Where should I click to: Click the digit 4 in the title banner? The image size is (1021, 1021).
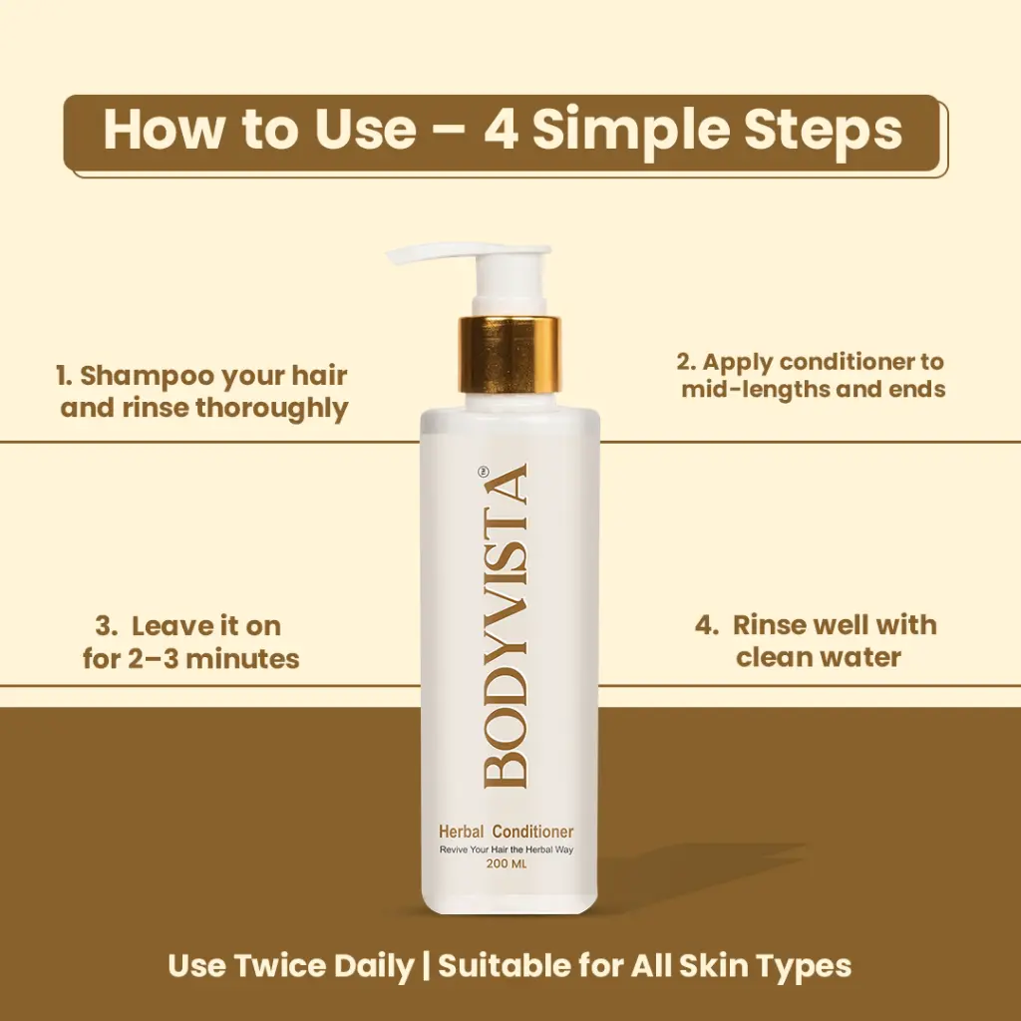coord(501,130)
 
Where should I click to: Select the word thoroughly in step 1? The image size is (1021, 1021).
coord(272,410)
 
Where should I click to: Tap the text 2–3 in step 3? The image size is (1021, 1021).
coord(153,659)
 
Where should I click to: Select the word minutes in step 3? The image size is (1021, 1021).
coord(243,659)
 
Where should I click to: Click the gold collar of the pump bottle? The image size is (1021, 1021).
coord(510,354)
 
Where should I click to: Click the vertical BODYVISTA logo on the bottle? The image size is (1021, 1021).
coord(505,626)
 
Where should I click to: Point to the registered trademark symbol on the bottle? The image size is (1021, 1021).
coord(483,472)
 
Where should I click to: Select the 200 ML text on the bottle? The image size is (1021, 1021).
coord(506,864)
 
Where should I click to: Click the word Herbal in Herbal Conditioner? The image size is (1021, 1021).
coord(461,832)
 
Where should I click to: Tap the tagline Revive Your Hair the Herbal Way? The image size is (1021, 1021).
coord(506,850)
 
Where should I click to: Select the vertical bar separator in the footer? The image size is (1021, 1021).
coord(426,966)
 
